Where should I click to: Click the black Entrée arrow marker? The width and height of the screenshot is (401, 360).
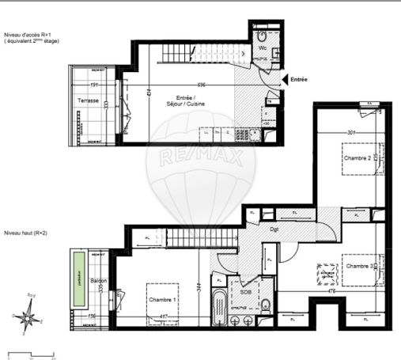pyautogui.click(x=285, y=79)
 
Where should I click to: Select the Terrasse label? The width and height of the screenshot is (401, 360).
pyautogui.click(x=88, y=100)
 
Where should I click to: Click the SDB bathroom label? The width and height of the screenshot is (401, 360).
pyautogui.click(x=246, y=291)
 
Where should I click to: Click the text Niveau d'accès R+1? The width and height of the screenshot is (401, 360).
pyautogui.click(x=28, y=35)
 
